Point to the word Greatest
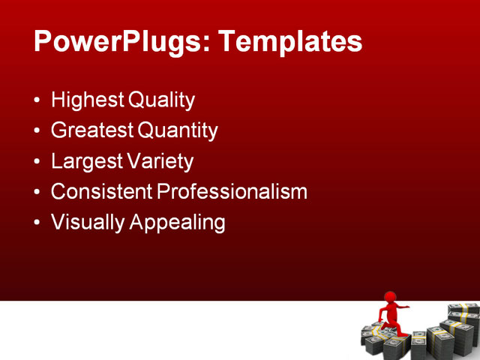coord(92,130)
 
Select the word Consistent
coord(101,192)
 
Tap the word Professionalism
coord(232,192)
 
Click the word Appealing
coord(177,223)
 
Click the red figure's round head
coord(390,298)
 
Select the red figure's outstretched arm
coord(403,307)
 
